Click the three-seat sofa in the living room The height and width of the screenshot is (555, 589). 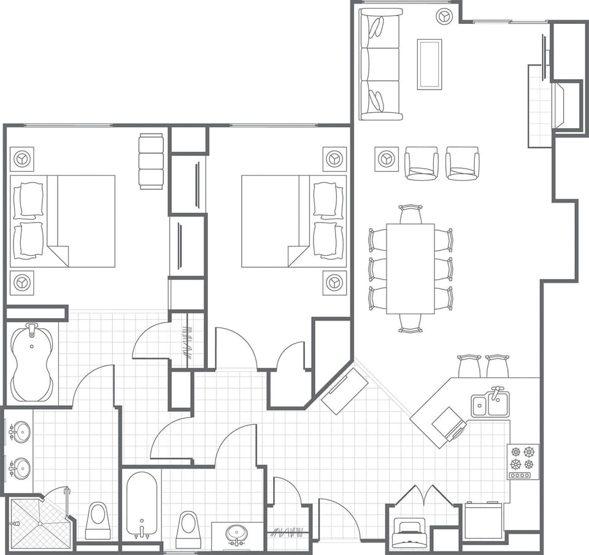point(380,64)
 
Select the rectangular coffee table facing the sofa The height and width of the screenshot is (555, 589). point(429,64)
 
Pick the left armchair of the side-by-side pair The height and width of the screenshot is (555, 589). point(421,163)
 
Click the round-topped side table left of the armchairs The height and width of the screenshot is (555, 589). point(387,159)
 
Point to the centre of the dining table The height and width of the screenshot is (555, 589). point(410,269)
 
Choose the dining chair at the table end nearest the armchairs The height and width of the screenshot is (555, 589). point(410,215)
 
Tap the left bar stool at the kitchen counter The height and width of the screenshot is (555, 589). point(469,366)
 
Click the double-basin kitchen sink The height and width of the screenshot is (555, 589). point(490,404)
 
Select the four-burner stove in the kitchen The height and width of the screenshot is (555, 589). point(523,461)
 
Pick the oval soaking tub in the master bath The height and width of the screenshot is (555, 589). point(31,362)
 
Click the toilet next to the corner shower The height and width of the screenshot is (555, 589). point(98,521)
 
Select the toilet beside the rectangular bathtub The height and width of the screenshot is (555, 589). point(188,529)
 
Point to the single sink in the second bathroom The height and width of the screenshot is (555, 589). point(237,534)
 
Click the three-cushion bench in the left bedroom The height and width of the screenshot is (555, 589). point(151,161)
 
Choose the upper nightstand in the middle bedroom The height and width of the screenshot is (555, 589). point(334,159)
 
